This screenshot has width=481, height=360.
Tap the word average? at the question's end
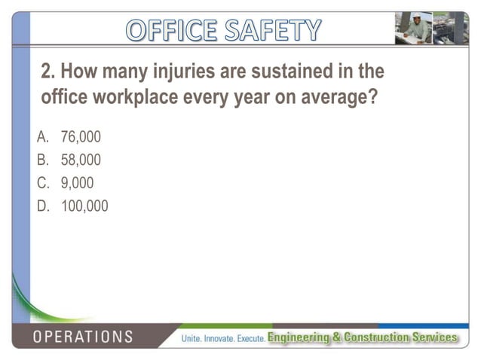(x=335, y=98)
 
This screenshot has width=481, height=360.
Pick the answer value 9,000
(x=77, y=183)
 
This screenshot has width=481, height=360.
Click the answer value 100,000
(x=84, y=206)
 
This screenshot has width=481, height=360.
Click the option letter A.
(x=43, y=138)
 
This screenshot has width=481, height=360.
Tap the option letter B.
(x=43, y=160)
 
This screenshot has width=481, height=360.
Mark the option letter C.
(x=43, y=183)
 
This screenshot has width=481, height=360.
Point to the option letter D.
(x=43, y=206)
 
